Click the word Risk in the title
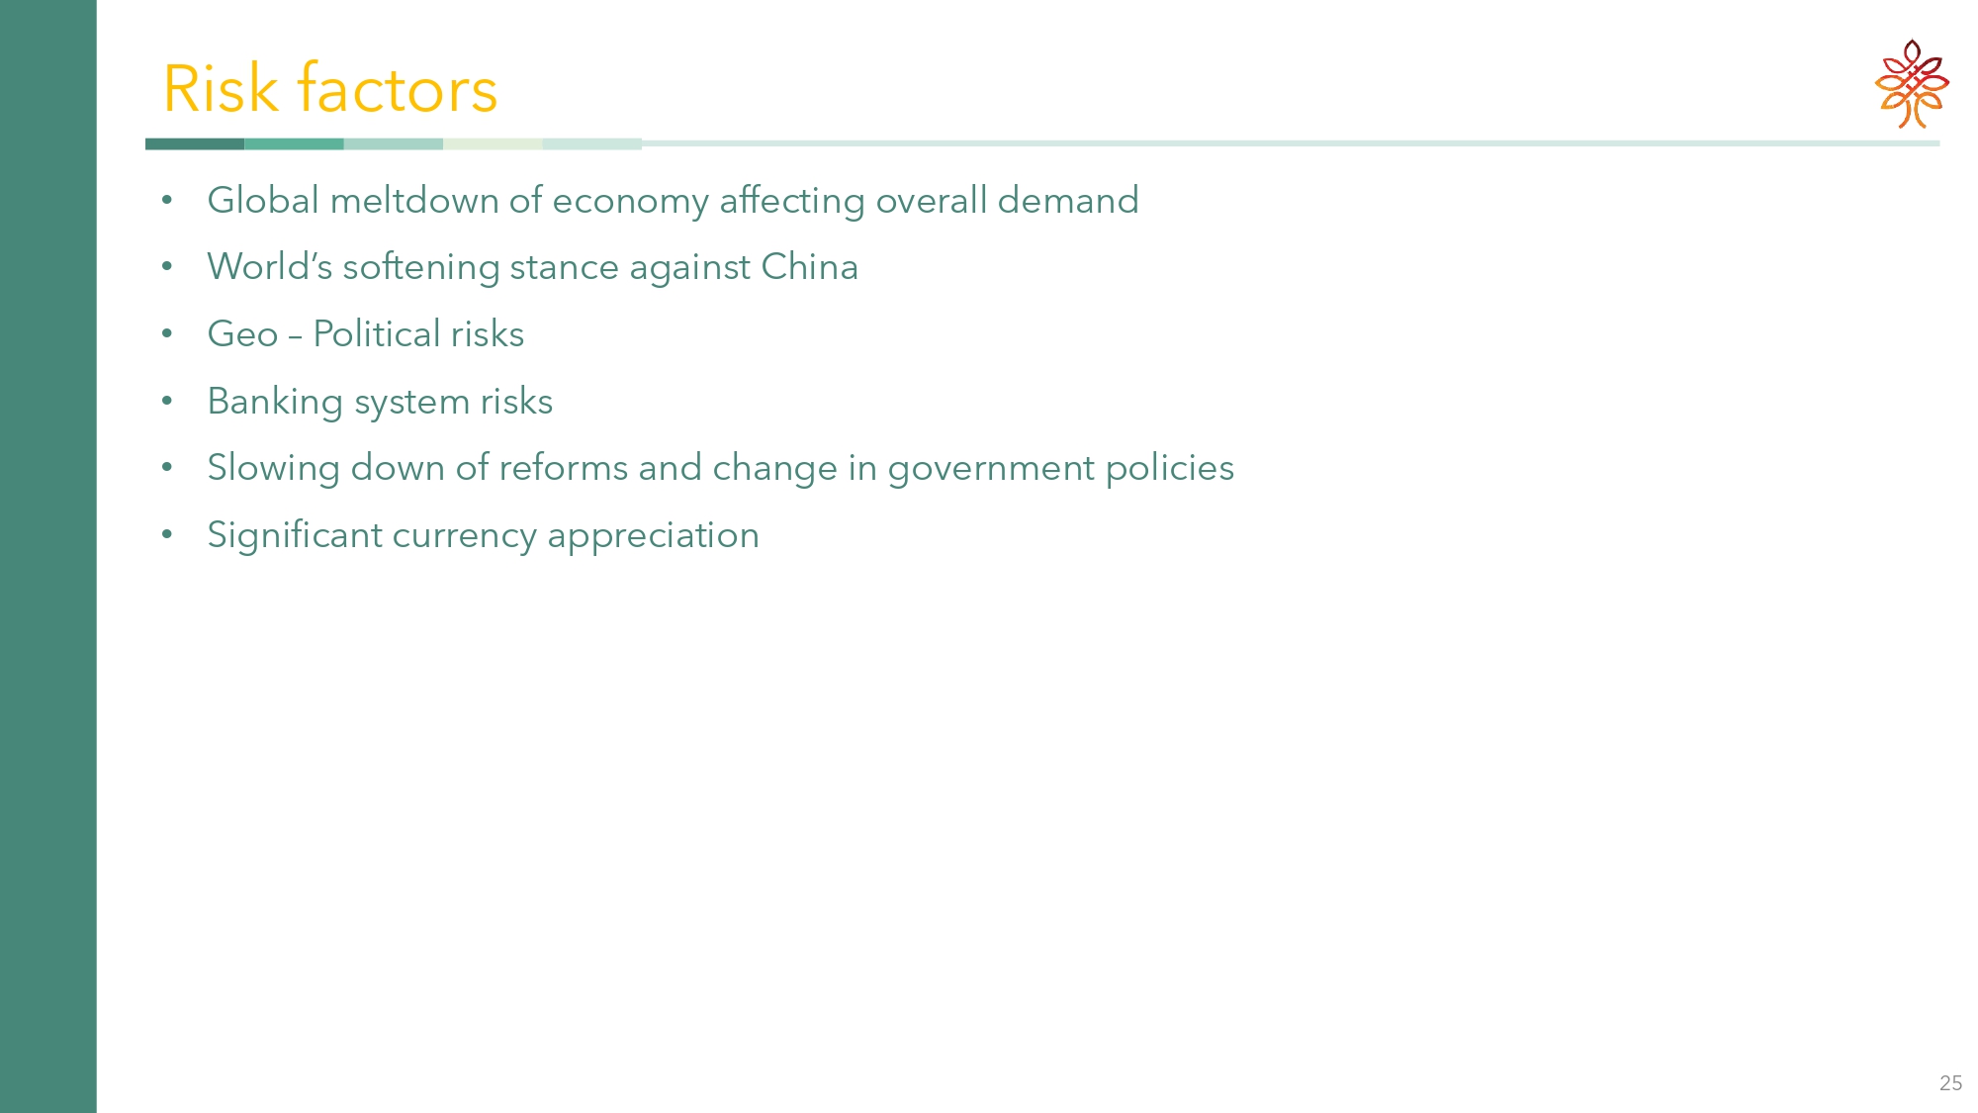pos(221,89)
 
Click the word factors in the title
pos(398,89)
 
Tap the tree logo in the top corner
pos(1912,84)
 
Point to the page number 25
pos(1950,1083)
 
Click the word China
pos(809,267)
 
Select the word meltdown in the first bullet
pos(414,201)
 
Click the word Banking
pos(275,403)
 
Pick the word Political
pos(377,334)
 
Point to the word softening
pos(421,268)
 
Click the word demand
pos(1068,201)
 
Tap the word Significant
pos(295,536)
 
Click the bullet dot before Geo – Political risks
pos(167,334)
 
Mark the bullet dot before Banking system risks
pos(167,402)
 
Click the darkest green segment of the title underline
pos(195,143)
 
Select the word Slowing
pos(274,469)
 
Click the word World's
pos(270,267)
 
